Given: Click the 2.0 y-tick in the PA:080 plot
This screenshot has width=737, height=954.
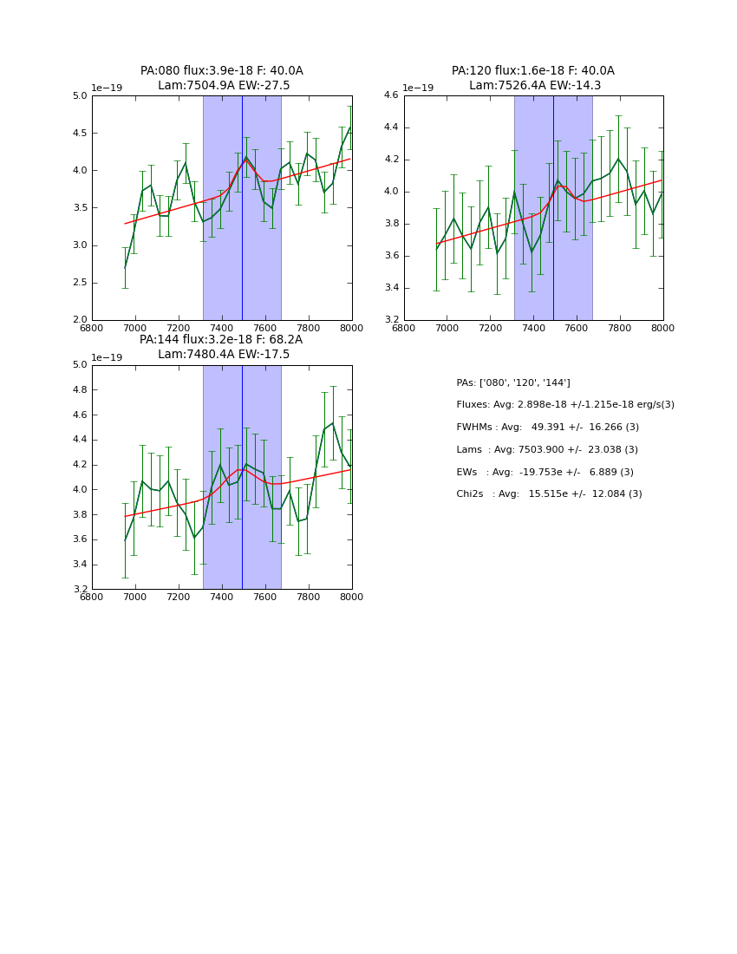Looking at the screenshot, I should coord(79,320).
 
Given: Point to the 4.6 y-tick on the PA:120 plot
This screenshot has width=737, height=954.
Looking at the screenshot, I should coord(390,95).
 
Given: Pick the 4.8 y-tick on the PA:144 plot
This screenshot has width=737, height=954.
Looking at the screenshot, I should coord(79,390).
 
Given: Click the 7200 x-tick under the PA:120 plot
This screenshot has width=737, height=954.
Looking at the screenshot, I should coord(490,327).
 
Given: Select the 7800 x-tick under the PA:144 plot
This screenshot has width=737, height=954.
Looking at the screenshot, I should coord(309,597).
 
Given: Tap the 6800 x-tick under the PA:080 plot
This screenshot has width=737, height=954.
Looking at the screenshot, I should coord(92,327).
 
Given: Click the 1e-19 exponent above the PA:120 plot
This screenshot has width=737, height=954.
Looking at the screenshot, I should coord(418,88).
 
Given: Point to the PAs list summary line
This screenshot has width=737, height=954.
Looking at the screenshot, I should coord(513,382).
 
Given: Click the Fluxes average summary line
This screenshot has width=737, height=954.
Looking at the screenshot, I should coord(565,405).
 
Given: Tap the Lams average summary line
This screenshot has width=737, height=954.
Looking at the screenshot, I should coord(547,450).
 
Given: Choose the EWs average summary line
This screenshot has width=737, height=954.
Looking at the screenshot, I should coord(545,472).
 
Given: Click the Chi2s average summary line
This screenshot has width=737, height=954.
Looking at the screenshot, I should coord(549,494).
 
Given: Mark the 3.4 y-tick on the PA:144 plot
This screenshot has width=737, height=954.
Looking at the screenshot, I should coord(79,565).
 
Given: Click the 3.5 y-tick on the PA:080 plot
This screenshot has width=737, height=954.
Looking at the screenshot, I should coord(79,208).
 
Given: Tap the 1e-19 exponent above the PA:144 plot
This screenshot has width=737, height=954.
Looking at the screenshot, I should coord(107,357).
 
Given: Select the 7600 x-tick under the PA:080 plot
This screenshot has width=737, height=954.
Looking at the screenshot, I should coord(265,327).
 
